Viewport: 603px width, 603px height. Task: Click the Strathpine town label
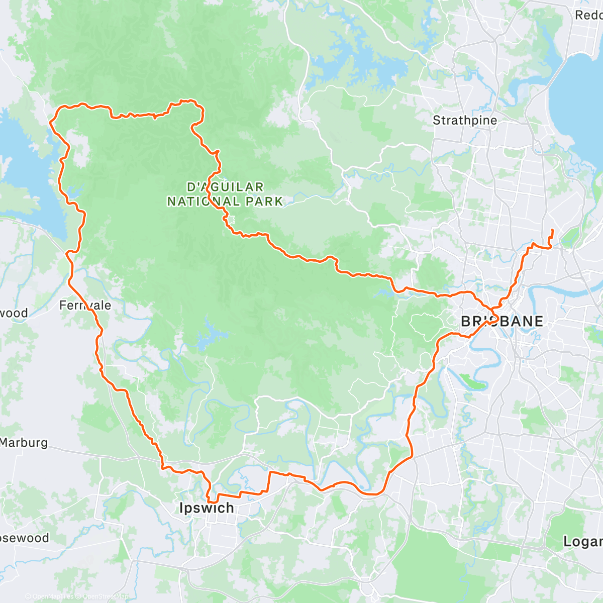point(465,120)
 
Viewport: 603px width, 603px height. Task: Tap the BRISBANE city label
point(501,322)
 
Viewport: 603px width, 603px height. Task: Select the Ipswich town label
point(207,508)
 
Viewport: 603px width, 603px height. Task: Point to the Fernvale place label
point(85,305)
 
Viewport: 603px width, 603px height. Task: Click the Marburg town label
point(24,443)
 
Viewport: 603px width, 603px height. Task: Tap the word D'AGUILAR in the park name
point(225,187)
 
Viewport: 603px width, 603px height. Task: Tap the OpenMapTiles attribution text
point(53,596)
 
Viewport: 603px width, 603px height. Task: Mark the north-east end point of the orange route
point(552,230)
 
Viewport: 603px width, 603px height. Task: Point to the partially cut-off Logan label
point(583,542)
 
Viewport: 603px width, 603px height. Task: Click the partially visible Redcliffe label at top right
point(588,15)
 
